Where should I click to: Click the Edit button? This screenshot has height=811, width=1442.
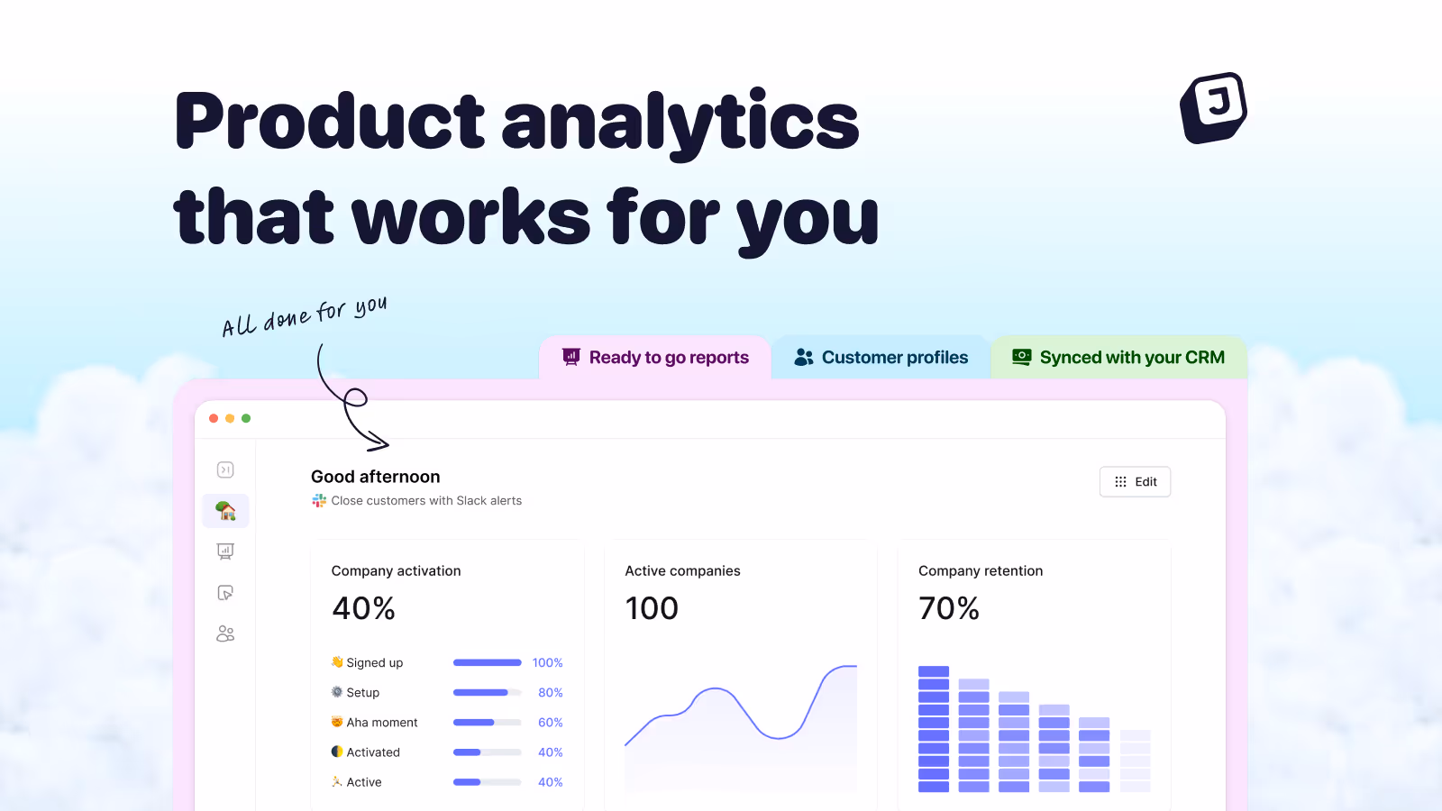pos(1135,481)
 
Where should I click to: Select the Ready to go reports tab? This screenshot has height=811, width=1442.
pos(655,357)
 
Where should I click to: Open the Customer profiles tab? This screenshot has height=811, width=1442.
pos(881,357)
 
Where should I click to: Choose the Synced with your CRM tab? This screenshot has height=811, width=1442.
pos(1118,357)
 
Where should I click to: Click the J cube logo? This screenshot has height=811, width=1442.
pos(1213,107)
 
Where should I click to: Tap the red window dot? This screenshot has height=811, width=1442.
pos(214,418)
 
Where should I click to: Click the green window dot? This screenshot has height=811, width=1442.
pos(246,418)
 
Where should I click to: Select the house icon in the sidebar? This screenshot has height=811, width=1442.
pos(225,511)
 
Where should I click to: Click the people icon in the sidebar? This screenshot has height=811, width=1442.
pos(225,634)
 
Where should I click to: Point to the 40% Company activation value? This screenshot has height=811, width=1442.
pos(364,608)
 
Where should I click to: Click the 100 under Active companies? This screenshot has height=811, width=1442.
pos(652,608)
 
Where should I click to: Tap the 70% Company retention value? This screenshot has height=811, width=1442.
pos(949,608)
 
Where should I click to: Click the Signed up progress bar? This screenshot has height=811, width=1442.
pos(488,662)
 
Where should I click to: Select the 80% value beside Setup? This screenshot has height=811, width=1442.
pos(551,693)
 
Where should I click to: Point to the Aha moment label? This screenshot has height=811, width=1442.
pos(382,722)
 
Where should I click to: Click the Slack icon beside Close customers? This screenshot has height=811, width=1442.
pos(319,501)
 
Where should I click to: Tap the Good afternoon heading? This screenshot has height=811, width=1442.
pos(375,477)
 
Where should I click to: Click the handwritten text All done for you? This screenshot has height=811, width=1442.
pos(305,316)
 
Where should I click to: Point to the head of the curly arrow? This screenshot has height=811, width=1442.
pos(388,443)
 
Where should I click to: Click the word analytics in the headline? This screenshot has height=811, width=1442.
pos(680,123)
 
